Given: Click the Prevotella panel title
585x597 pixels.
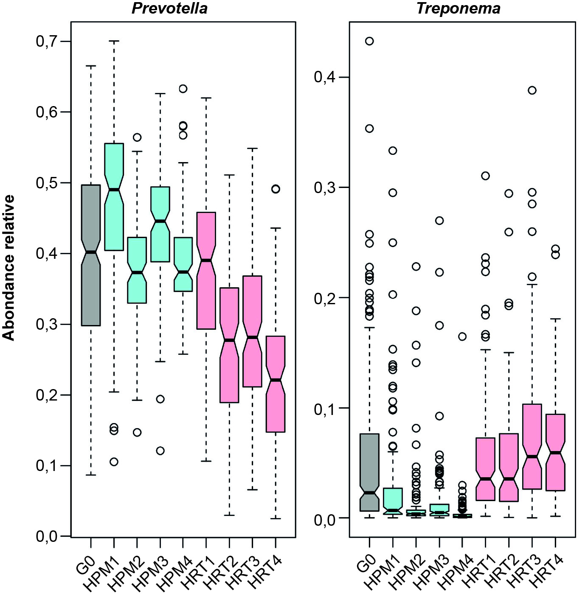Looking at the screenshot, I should (169, 8).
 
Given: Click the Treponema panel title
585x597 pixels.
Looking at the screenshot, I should (458, 8).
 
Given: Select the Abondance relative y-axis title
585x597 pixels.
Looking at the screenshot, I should (8, 268).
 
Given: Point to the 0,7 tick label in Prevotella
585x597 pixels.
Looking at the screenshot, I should (47, 42).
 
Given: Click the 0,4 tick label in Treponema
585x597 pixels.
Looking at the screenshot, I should (325, 77).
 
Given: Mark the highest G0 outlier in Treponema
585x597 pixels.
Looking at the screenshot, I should (369, 41).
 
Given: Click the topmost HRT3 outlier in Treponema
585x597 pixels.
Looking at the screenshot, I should (532, 90).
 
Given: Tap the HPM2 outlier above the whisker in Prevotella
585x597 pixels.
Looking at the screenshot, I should (137, 137).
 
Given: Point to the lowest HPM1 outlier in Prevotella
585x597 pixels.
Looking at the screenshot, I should (114, 462).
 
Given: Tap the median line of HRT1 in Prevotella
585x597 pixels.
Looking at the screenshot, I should (206, 260).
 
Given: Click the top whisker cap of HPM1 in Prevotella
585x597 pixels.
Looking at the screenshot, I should (114, 41).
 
